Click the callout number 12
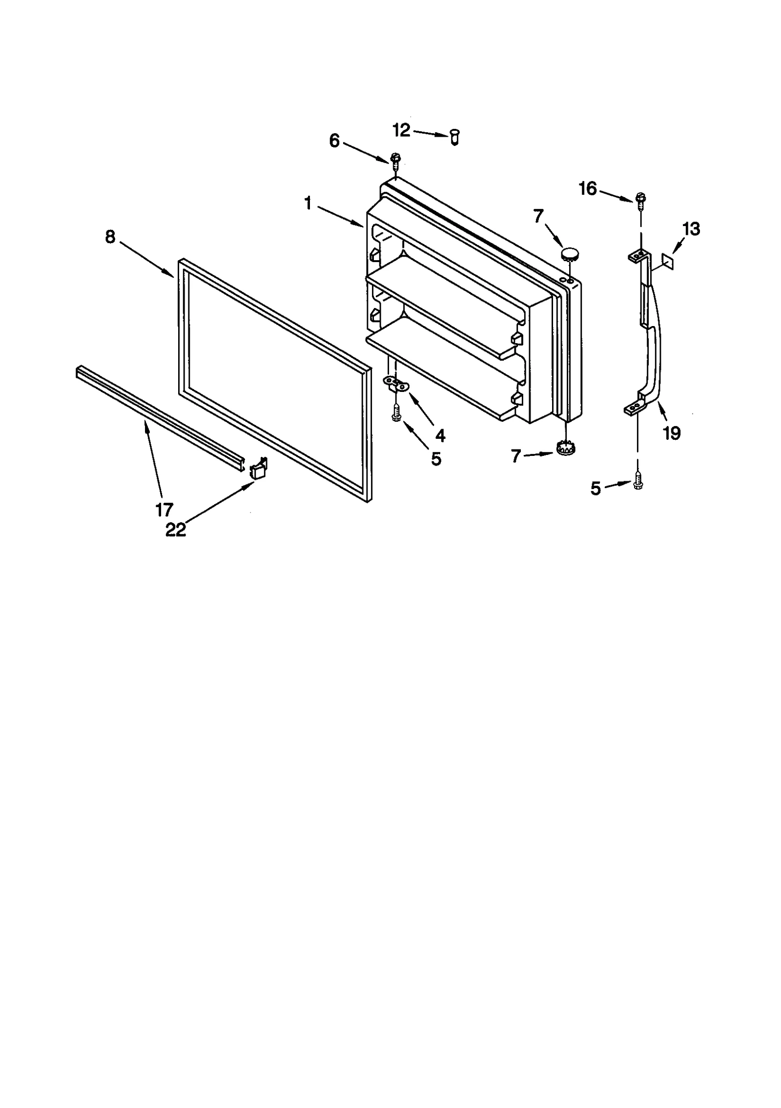(x=401, y=130)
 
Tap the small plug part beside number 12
(x=454, y=137)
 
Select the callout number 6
(x=334, y=141)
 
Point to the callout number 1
(x=308, y=203)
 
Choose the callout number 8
(x=110, y=237)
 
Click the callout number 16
(x=588, y=188)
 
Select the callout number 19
(x=672, y=433)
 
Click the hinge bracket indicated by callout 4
(x=397, y=384)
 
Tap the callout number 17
(x=164, y=510)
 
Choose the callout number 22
(x=176, y=530)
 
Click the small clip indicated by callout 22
(x=258, y=469)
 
